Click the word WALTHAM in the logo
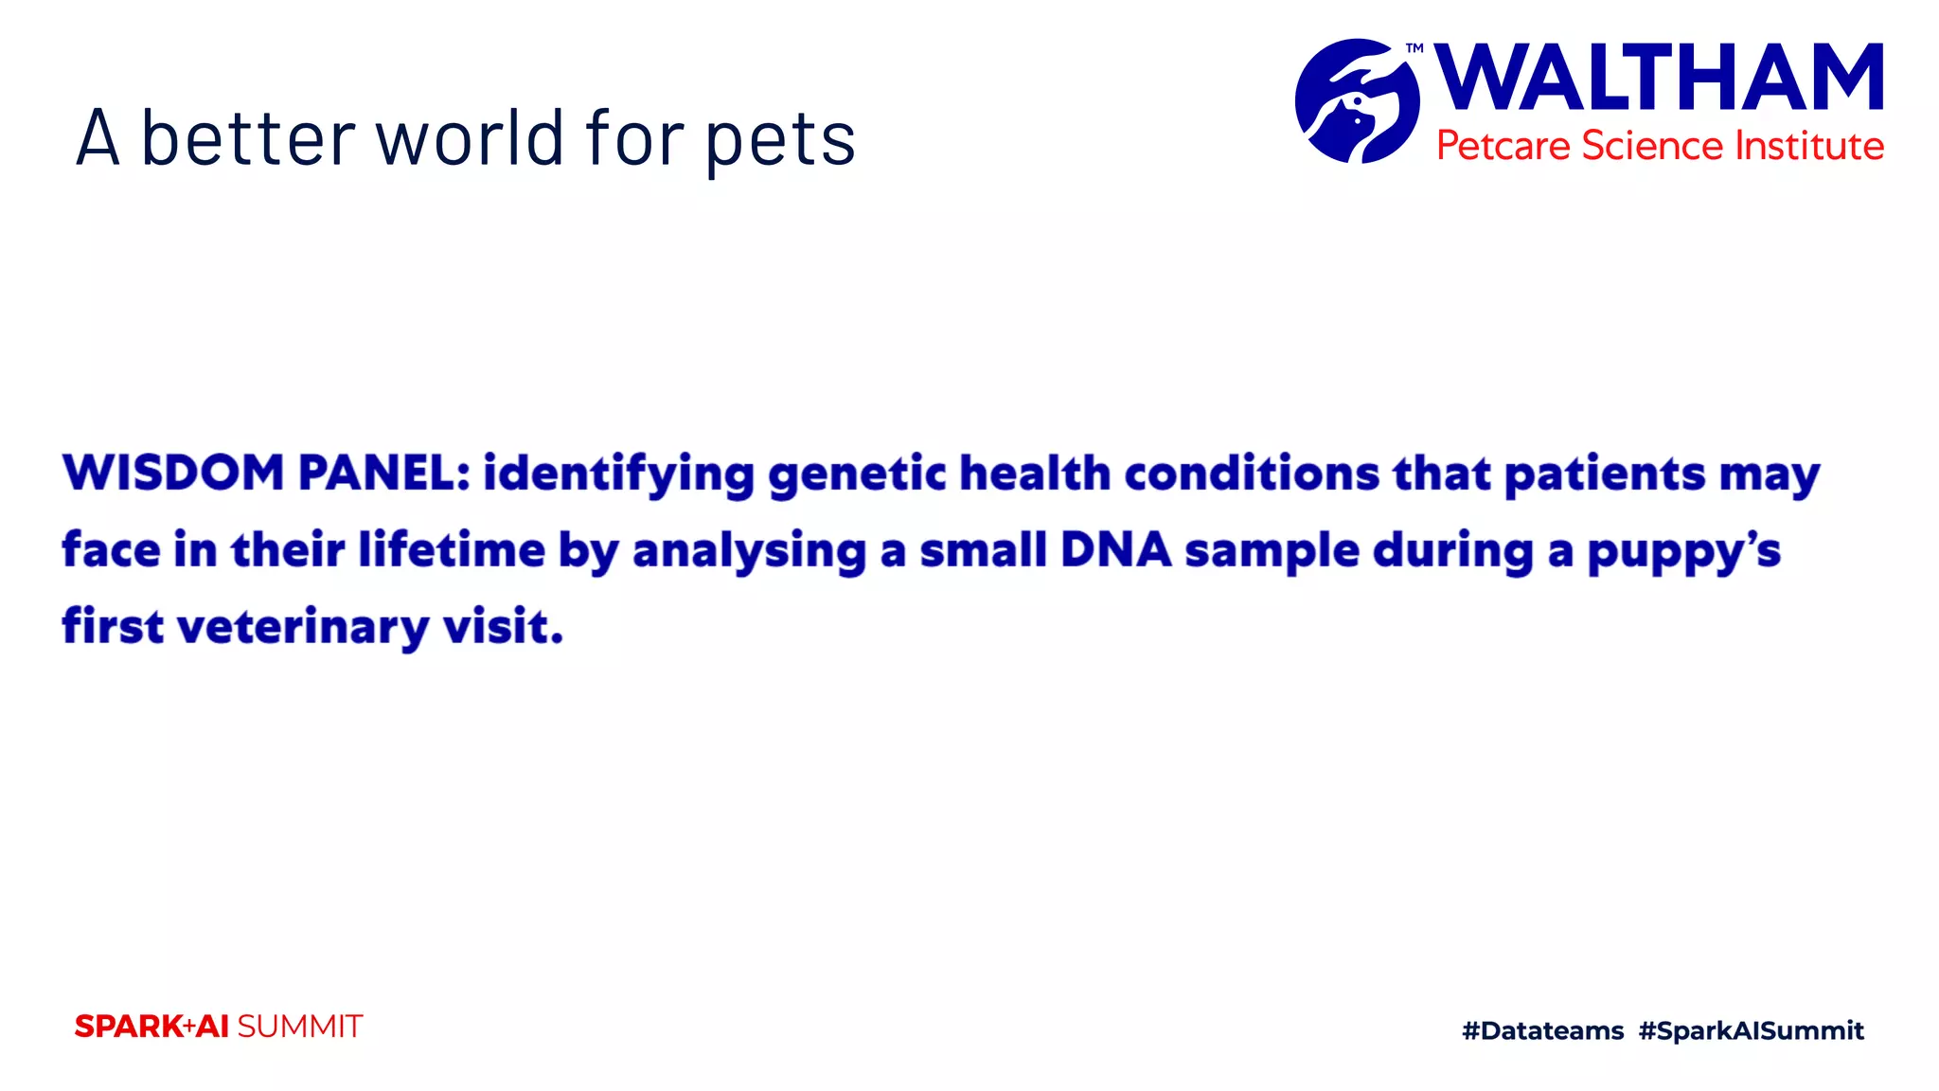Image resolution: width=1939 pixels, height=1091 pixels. pos(1658,79)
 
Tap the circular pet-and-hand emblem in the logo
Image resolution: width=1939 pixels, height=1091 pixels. pos(1357,100)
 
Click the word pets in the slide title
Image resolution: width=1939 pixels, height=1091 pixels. pos(780,140)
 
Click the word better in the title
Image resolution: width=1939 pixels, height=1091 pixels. pos(248,138)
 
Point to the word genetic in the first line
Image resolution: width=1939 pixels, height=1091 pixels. pos(857,474)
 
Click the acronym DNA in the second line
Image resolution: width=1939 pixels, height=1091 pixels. pos(1115,550)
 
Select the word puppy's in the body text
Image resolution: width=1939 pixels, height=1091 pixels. pos(1683,552)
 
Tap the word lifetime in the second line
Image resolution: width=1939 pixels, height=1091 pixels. pos(452,550)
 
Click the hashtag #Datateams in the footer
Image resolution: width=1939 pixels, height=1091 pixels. pos(1542,1030)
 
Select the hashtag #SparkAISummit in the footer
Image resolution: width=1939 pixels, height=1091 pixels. pos(1751,1030)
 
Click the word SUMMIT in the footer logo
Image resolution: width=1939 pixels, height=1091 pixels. pos(299,1027)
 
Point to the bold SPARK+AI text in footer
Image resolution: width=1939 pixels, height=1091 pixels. pos(151,1027)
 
